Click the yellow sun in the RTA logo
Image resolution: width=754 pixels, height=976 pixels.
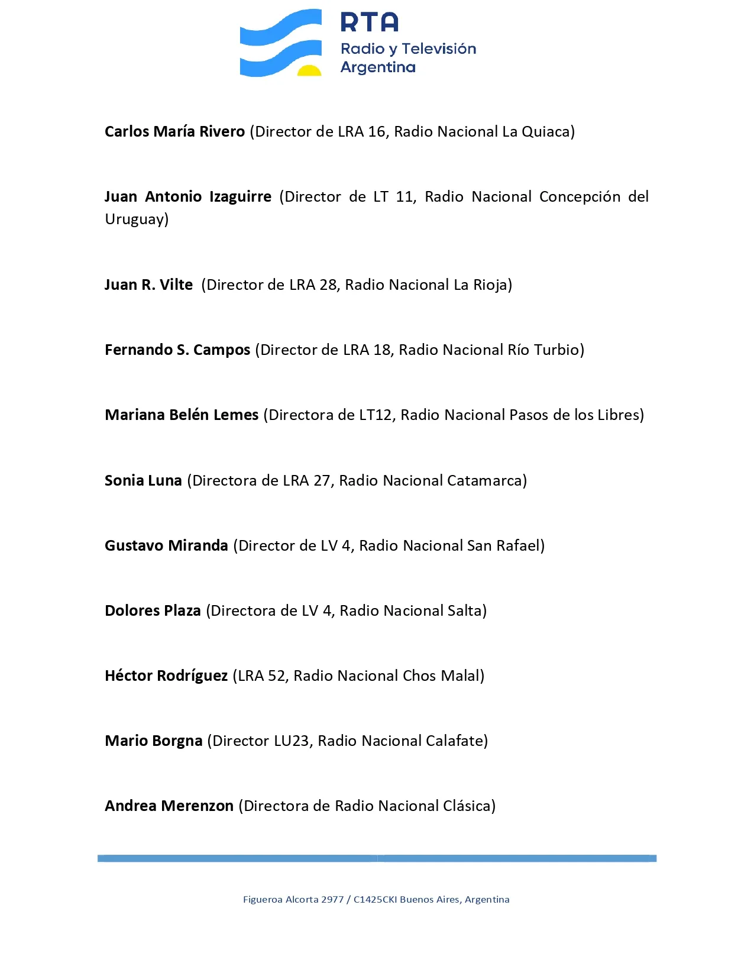tap(309, 71)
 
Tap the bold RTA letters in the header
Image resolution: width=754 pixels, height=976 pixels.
tap(370, 22)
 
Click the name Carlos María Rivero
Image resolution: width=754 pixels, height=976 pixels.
tap(174, 131)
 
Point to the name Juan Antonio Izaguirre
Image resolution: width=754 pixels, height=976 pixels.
tap(187, 196)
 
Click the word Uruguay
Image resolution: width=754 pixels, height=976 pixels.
tap(135, 219)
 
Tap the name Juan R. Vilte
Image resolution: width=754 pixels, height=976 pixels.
tap(148, 285)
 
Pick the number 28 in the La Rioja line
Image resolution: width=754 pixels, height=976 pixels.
tap(328, 285)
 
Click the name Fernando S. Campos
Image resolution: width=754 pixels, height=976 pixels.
tap(177, 350)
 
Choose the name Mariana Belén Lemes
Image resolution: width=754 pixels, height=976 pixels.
tap(182, 415)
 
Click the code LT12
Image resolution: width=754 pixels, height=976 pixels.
tap(375, 415)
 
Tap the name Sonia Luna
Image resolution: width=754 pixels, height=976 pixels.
tap(143, 480)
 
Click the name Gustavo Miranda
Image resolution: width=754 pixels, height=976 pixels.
tap(166, 545)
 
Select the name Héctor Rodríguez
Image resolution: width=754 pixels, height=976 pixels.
tap(166, 676)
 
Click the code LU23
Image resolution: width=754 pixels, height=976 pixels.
tap(292, 741)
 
